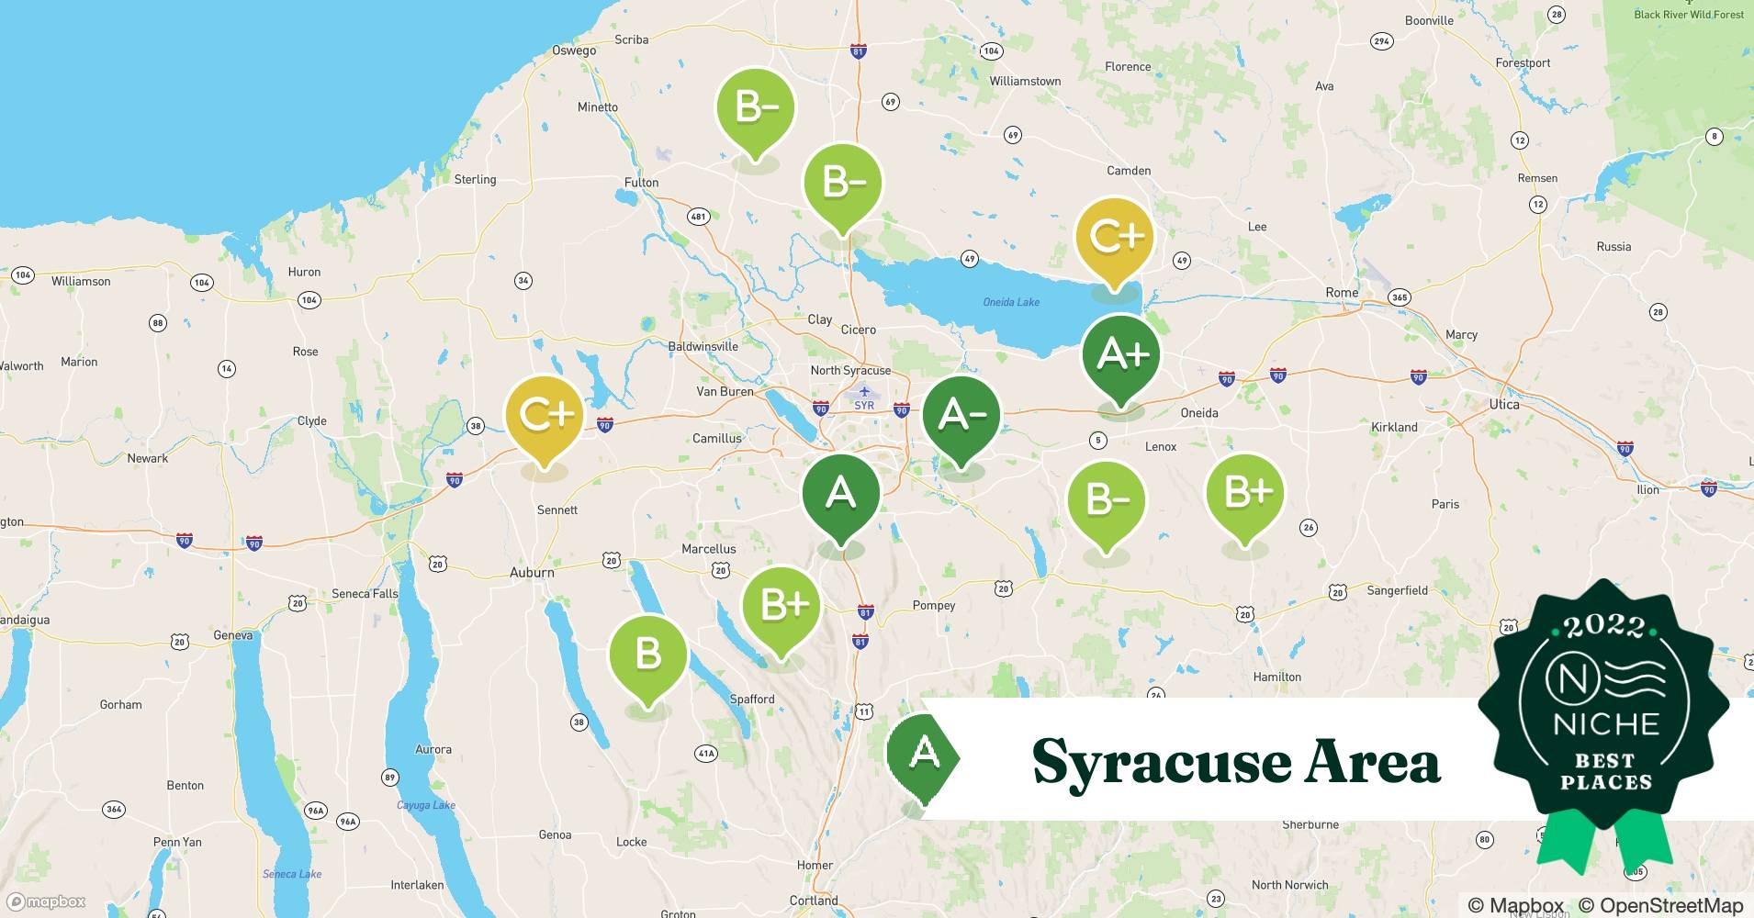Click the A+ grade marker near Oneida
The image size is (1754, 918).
pyautogui.click(x=1120, y=355)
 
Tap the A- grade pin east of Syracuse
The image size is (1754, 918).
pyautogui.click(x=961, y=416)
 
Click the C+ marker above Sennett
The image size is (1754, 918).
pyautogui.click(x=545, y=416)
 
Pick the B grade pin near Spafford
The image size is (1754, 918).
pyautogui.click(x=648, y=655)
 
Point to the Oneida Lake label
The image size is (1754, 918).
pyautogui.click(x=1011, y=302)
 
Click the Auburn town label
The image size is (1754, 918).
pyautogui.click(x=532, y=572)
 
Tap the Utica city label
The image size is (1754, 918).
pyautogui.click(x=1504, y=404)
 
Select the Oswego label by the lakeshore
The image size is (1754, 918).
pyautogui.click(x=574, y=50)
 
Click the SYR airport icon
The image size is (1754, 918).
pyautogui.click(x=864, y=392)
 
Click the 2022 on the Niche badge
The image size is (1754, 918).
pyautogui.click(x=1603, y=626)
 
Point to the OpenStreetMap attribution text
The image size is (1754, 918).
pyautogui.click(x=1659, y=905)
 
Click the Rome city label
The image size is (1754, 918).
pyautogui.click(x=1342, y=293)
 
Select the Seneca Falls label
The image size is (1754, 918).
pyautogui.click(x=365, y=594)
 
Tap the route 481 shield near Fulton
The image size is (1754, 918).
pyautogui.click(x=699, y=217)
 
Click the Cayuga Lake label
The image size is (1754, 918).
pyautogui.click(x=426, y=805)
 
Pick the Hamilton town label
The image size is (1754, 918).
pyautogui.click(x=1277, y=677)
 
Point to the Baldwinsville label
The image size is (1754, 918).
pyautogui.click(x=703, y=346)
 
